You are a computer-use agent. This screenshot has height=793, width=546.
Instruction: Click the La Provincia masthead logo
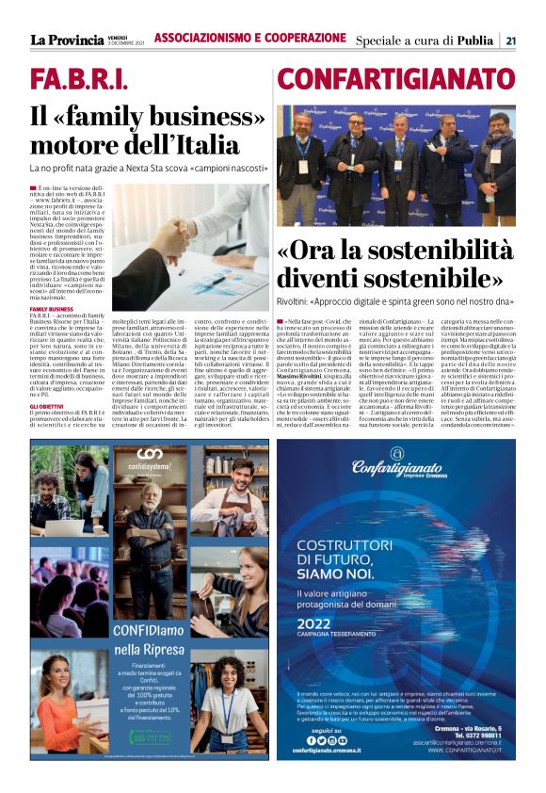coord(67,40)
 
